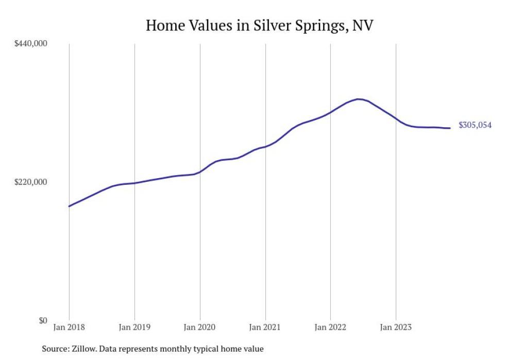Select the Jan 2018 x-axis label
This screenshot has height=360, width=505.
pyautogui.click(x=69, y=327)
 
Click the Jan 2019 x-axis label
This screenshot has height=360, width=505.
pyautogui.click(x=134, y=327)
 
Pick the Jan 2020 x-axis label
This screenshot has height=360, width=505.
pyautogui.click(x=200, y=327)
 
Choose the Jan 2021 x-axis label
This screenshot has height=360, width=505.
pyautogui.click(x=265, y=327)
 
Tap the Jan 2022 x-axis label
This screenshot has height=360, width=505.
pyautogui.click(x=330, y=327)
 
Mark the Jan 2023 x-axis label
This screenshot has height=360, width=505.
pyautogui.click(x=396, y=327)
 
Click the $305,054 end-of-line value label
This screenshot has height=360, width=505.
pyautogui.click(x=475, y=125)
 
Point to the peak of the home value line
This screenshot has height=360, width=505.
pyautogui.click(x=359, y=99)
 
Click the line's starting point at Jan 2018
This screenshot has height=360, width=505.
pyautogui.click(x=69, y=206)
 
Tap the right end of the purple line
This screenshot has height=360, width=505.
pyautogui.click(x=450, y=128)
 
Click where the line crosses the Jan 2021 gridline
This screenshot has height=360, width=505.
pyautogui.click(x=265, y=147)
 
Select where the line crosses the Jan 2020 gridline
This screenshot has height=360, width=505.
pyautogui.click(x=200, y=172)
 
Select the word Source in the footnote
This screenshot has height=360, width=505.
pyautogui.click(x=54, y=349)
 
